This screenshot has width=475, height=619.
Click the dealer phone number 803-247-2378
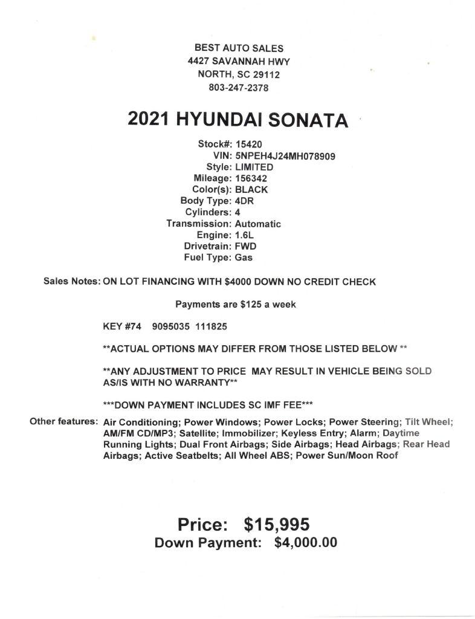[238, 88]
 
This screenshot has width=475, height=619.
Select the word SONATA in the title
[308, 120]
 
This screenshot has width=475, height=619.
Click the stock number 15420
[248, 144]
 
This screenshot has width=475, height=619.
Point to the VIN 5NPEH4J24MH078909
[285, 156]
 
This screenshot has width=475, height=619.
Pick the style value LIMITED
[254, 167]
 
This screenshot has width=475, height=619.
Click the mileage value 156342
[251, 178]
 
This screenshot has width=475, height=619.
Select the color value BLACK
[251, 189]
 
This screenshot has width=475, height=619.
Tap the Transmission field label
[199, 224]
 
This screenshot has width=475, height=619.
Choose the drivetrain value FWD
[245, 246]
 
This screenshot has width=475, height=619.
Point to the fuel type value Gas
[244, 258]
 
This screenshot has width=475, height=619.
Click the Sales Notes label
[71, 282]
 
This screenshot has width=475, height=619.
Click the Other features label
[63, 421]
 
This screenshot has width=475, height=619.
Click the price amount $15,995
[277, 524]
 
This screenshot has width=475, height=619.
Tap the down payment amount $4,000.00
[305, 543]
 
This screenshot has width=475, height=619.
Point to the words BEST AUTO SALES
[238, 48]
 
